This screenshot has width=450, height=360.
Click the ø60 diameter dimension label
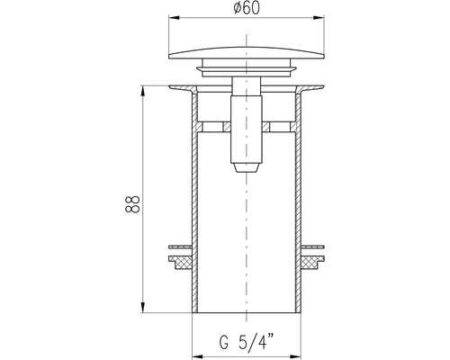tap(246, 8)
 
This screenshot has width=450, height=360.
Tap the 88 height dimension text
tap(132, 204)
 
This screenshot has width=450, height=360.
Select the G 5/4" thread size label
tap(247, 341)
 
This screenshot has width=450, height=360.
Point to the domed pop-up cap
tap(247, 52)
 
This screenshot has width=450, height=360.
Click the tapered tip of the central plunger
tap(247, 167)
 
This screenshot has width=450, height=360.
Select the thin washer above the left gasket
tap(180, 247)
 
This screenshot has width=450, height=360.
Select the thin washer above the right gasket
tap(312, 247)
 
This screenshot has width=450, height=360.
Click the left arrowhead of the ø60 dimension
tap(174, 18)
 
